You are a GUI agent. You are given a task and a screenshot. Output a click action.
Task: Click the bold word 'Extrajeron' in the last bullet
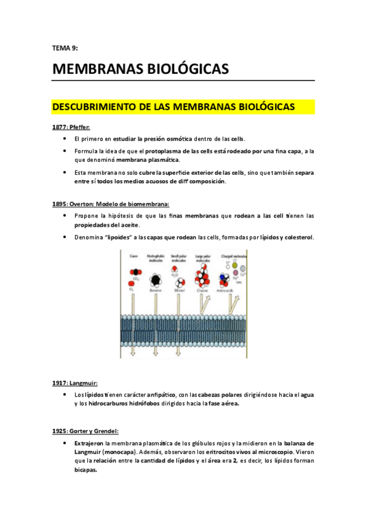(x=88, y=443)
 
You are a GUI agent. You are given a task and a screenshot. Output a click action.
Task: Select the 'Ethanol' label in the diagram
(x=178, y=293)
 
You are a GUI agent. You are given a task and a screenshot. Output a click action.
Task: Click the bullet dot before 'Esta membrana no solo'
(x=65, y=172)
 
